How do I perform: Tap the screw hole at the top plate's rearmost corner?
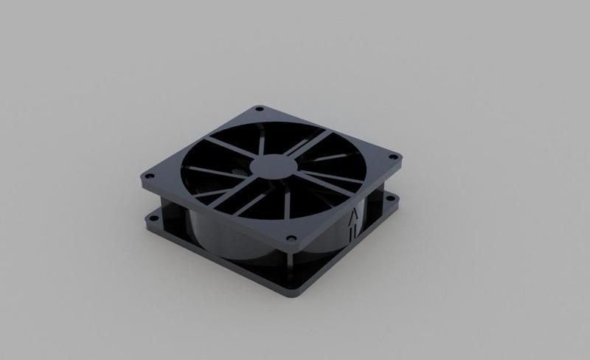(258, 109)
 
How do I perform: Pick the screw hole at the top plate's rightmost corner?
(392, 157)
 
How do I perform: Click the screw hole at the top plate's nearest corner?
(291, 238)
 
